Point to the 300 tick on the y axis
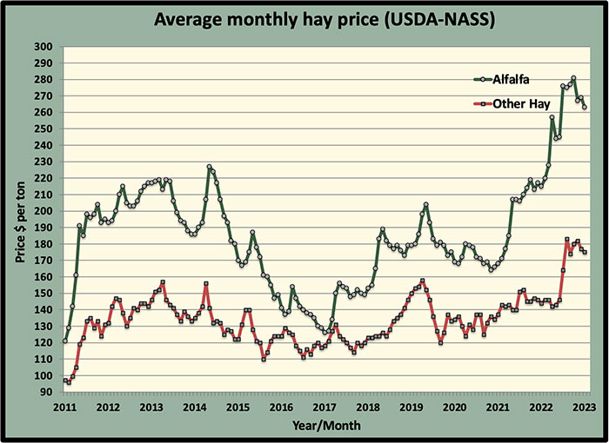[43, 47]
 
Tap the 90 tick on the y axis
[46, 393]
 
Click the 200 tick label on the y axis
[43, 211]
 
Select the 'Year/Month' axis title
[325, 426]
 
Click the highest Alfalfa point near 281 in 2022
[573, 78]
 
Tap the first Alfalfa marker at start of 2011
[65, 341]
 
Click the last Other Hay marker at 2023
[585, 252]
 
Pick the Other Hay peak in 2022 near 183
[566, 240]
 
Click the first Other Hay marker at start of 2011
[65, 380]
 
